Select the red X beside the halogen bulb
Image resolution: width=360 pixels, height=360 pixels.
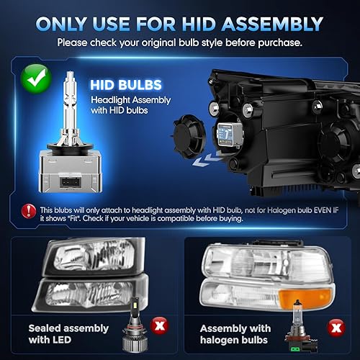point(336,328)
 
